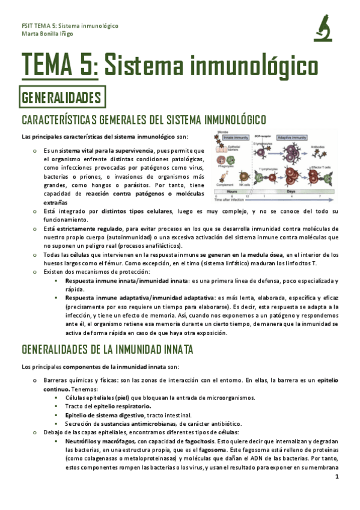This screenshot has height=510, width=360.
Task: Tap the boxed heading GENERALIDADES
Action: click(61, 97)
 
